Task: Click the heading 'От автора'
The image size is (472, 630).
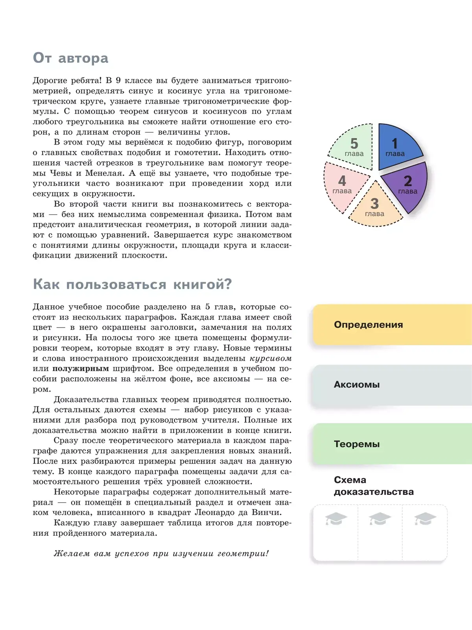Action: click(x=71, y=58)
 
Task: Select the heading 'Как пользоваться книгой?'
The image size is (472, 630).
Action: click(x=132, y=284)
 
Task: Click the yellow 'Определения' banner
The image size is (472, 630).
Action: click(x=392, y=325)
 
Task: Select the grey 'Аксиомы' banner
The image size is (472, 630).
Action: click(x=392, y=385)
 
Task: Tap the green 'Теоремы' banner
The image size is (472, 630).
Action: click(x=392, y=444)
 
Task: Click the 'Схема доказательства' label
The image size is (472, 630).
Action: click(x=373, y=486)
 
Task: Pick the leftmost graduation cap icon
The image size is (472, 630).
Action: click(x=336, y=519)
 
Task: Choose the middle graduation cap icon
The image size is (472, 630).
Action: click(x=380, y=519)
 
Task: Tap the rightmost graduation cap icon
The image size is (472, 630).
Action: click(x=425, y=519)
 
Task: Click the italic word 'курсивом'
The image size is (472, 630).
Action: click(x=271, y=359)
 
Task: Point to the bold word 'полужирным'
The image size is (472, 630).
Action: click(x=81, y=369)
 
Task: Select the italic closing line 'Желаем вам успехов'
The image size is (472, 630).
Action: click(x=161, y=554)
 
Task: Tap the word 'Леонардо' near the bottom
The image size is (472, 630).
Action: click(x=212, y=513)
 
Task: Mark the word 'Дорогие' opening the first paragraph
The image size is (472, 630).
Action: click(x=48, y=81)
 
